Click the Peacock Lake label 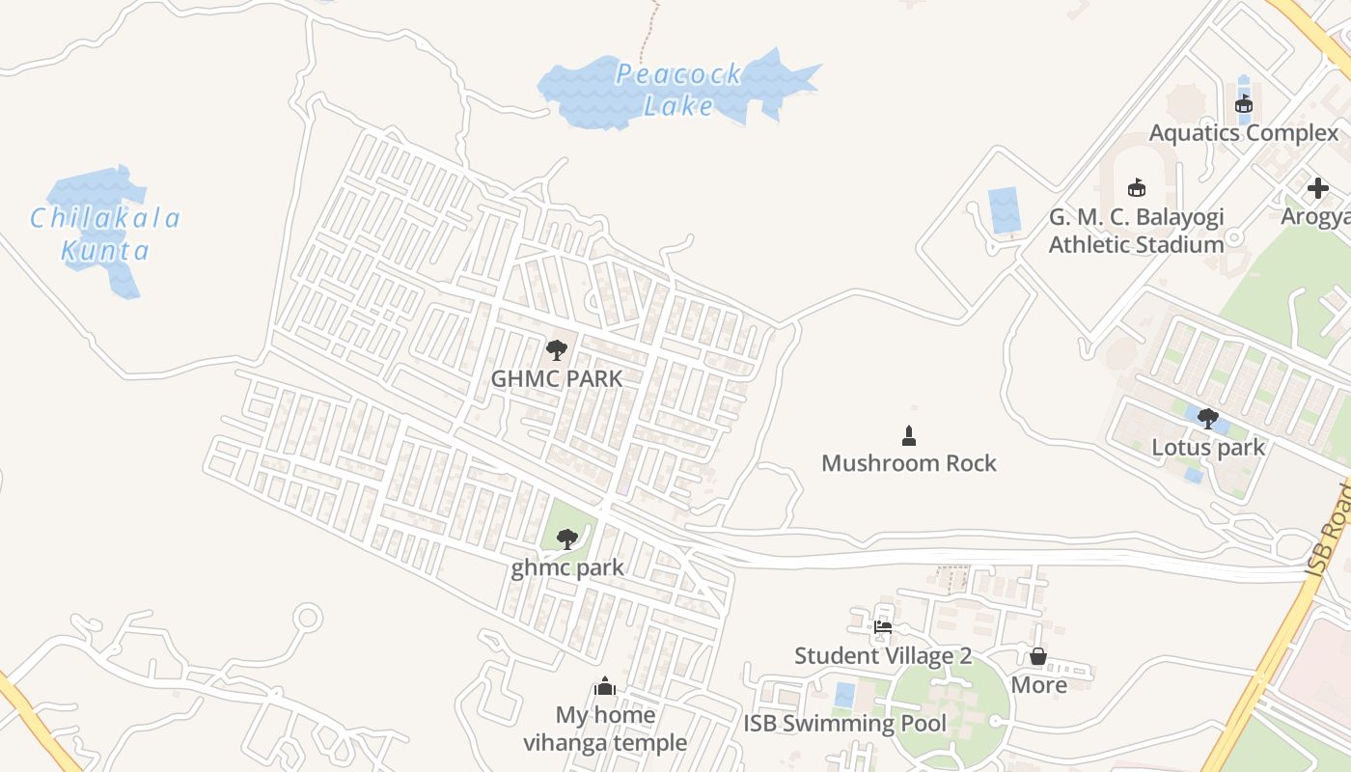point(678,89)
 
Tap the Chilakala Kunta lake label point(105,234)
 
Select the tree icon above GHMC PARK point(557,350)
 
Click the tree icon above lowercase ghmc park point(567,538)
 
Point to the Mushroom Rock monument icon point(908,436)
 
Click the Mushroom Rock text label point(908,463)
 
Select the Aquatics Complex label point(1244,133)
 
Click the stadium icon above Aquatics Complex point(1244,104)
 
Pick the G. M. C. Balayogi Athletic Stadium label point(1136,231)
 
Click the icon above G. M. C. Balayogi point(1137,187)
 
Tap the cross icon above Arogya point(1317,188)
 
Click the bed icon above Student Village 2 point(882,627)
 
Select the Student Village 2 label point(882,656)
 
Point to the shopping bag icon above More point(1038,656)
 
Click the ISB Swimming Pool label point(844,724)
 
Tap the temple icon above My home point(605,686)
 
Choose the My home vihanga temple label point(605,729)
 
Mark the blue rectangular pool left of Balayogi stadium point(1005,209)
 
